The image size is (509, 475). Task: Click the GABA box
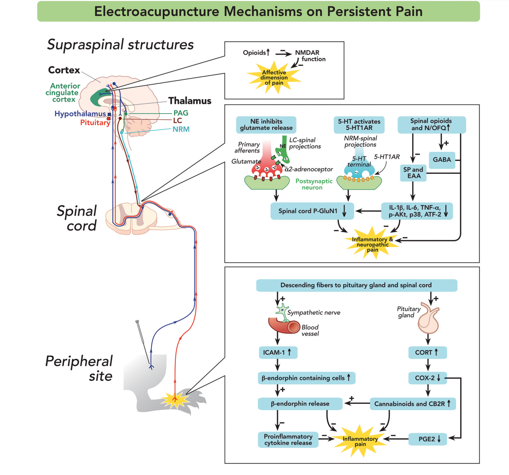point(441,160)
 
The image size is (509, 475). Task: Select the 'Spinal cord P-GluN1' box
point(312,211)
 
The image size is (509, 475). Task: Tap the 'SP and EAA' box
point(413,173)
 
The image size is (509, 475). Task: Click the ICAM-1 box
point(278,352)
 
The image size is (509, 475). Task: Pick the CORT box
point(427,352)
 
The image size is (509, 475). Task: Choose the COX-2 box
point(427,378)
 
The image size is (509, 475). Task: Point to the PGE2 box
point(427,439)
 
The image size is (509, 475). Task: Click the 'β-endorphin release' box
point(300,404)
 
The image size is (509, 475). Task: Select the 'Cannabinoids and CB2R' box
point(412,404)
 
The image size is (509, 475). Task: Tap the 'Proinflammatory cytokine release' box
point(288,440)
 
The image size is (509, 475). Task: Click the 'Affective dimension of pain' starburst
point(274,78)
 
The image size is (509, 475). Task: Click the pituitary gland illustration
point(429,319)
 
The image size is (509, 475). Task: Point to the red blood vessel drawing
point(284,326)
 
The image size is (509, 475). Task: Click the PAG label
point(181,113)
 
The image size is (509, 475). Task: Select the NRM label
point(181,129)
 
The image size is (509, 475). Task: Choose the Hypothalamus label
point(80,114)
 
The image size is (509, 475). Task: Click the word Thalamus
point(190,101)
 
